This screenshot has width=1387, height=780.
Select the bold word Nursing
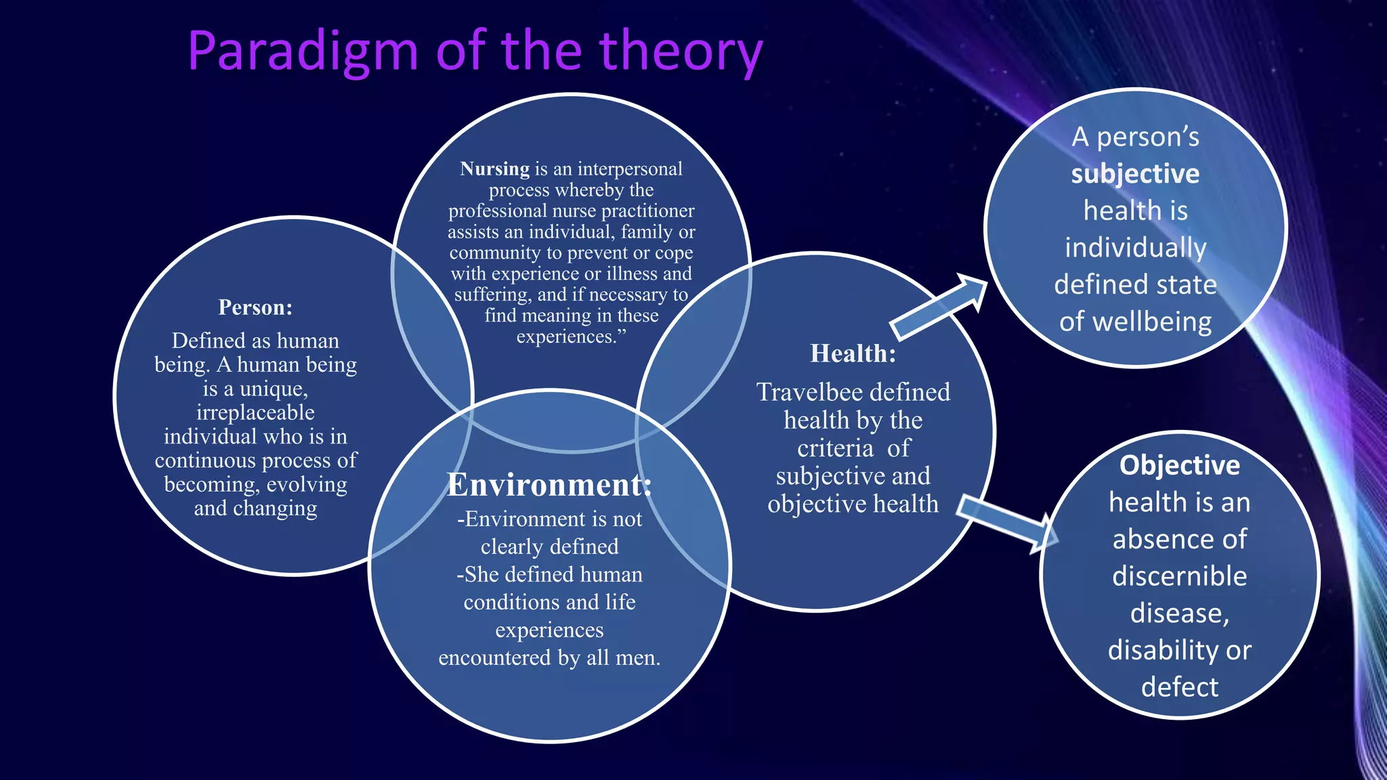pos(494,169)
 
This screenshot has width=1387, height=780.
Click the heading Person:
pos(255,307)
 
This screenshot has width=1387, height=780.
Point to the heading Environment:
pos(549,485)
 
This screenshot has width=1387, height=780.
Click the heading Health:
pos(853,353)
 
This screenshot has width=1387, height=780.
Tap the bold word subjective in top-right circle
pos(1135,174)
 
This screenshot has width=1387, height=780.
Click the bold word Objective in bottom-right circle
pos(1179,465)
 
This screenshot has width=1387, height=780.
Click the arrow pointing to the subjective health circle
pos(938,307)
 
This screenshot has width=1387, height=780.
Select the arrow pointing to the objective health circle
pos(1008,523)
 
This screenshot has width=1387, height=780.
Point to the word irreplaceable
pos(255,412)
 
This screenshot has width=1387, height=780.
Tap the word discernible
pos(1179,576)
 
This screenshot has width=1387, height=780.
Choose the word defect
pos(1179,687)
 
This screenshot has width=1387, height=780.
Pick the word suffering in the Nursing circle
pos(492,295)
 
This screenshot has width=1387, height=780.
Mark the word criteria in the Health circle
pos(835,448)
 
